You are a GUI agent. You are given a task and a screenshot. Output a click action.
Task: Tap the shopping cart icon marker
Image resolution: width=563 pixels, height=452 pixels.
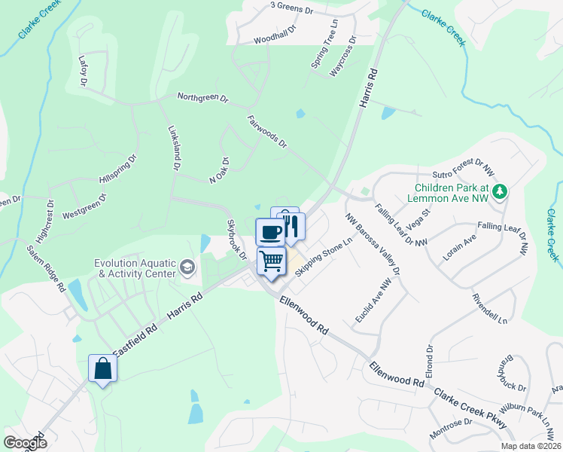click(x=271, y=261)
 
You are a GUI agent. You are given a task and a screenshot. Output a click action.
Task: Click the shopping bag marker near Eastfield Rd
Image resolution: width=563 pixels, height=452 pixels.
click(x=103, y=368)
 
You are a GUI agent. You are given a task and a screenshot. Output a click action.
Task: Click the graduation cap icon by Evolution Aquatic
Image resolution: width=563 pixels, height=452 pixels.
click(x=187, y=267)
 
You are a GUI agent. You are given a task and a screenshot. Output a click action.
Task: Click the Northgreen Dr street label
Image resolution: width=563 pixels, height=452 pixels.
click(x=202, y=98)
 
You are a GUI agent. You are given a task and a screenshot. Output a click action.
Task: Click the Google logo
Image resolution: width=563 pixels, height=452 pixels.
click(x=25, y=443)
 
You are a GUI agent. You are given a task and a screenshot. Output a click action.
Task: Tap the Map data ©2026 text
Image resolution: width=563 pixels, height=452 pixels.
click(x=530, y=446)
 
